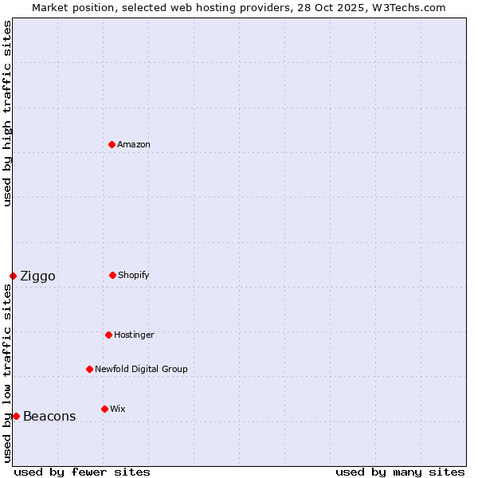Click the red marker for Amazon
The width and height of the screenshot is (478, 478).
tap(112, 144)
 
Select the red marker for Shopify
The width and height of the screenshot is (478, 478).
tap(112, 275)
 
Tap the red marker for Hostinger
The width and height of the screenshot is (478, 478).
tap(108, 335)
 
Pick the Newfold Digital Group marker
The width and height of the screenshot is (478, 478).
tap(89, 369)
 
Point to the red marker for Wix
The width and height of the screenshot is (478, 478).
tap(104, 409)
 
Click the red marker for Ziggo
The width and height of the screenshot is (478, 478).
tap(13, 276)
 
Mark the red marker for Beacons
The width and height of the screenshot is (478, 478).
tap(16, 416)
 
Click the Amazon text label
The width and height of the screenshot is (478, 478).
tap(134, 144)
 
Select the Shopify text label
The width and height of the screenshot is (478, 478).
tap(134, 275)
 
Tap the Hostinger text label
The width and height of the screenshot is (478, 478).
tap(134, 335)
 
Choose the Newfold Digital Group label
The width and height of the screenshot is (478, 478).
tap(141, 369)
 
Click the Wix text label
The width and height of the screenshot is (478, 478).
tap(118, 409)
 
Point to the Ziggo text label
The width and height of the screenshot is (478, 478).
tap(37, 276)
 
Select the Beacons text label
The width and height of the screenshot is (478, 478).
tap(49, 416)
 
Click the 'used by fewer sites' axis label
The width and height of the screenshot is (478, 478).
tap(82, 472)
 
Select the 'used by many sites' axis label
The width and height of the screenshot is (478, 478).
tap(400, 472)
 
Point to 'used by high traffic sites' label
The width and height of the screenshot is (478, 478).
tap(7, 113)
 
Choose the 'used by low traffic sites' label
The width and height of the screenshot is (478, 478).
tap(7, 373)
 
